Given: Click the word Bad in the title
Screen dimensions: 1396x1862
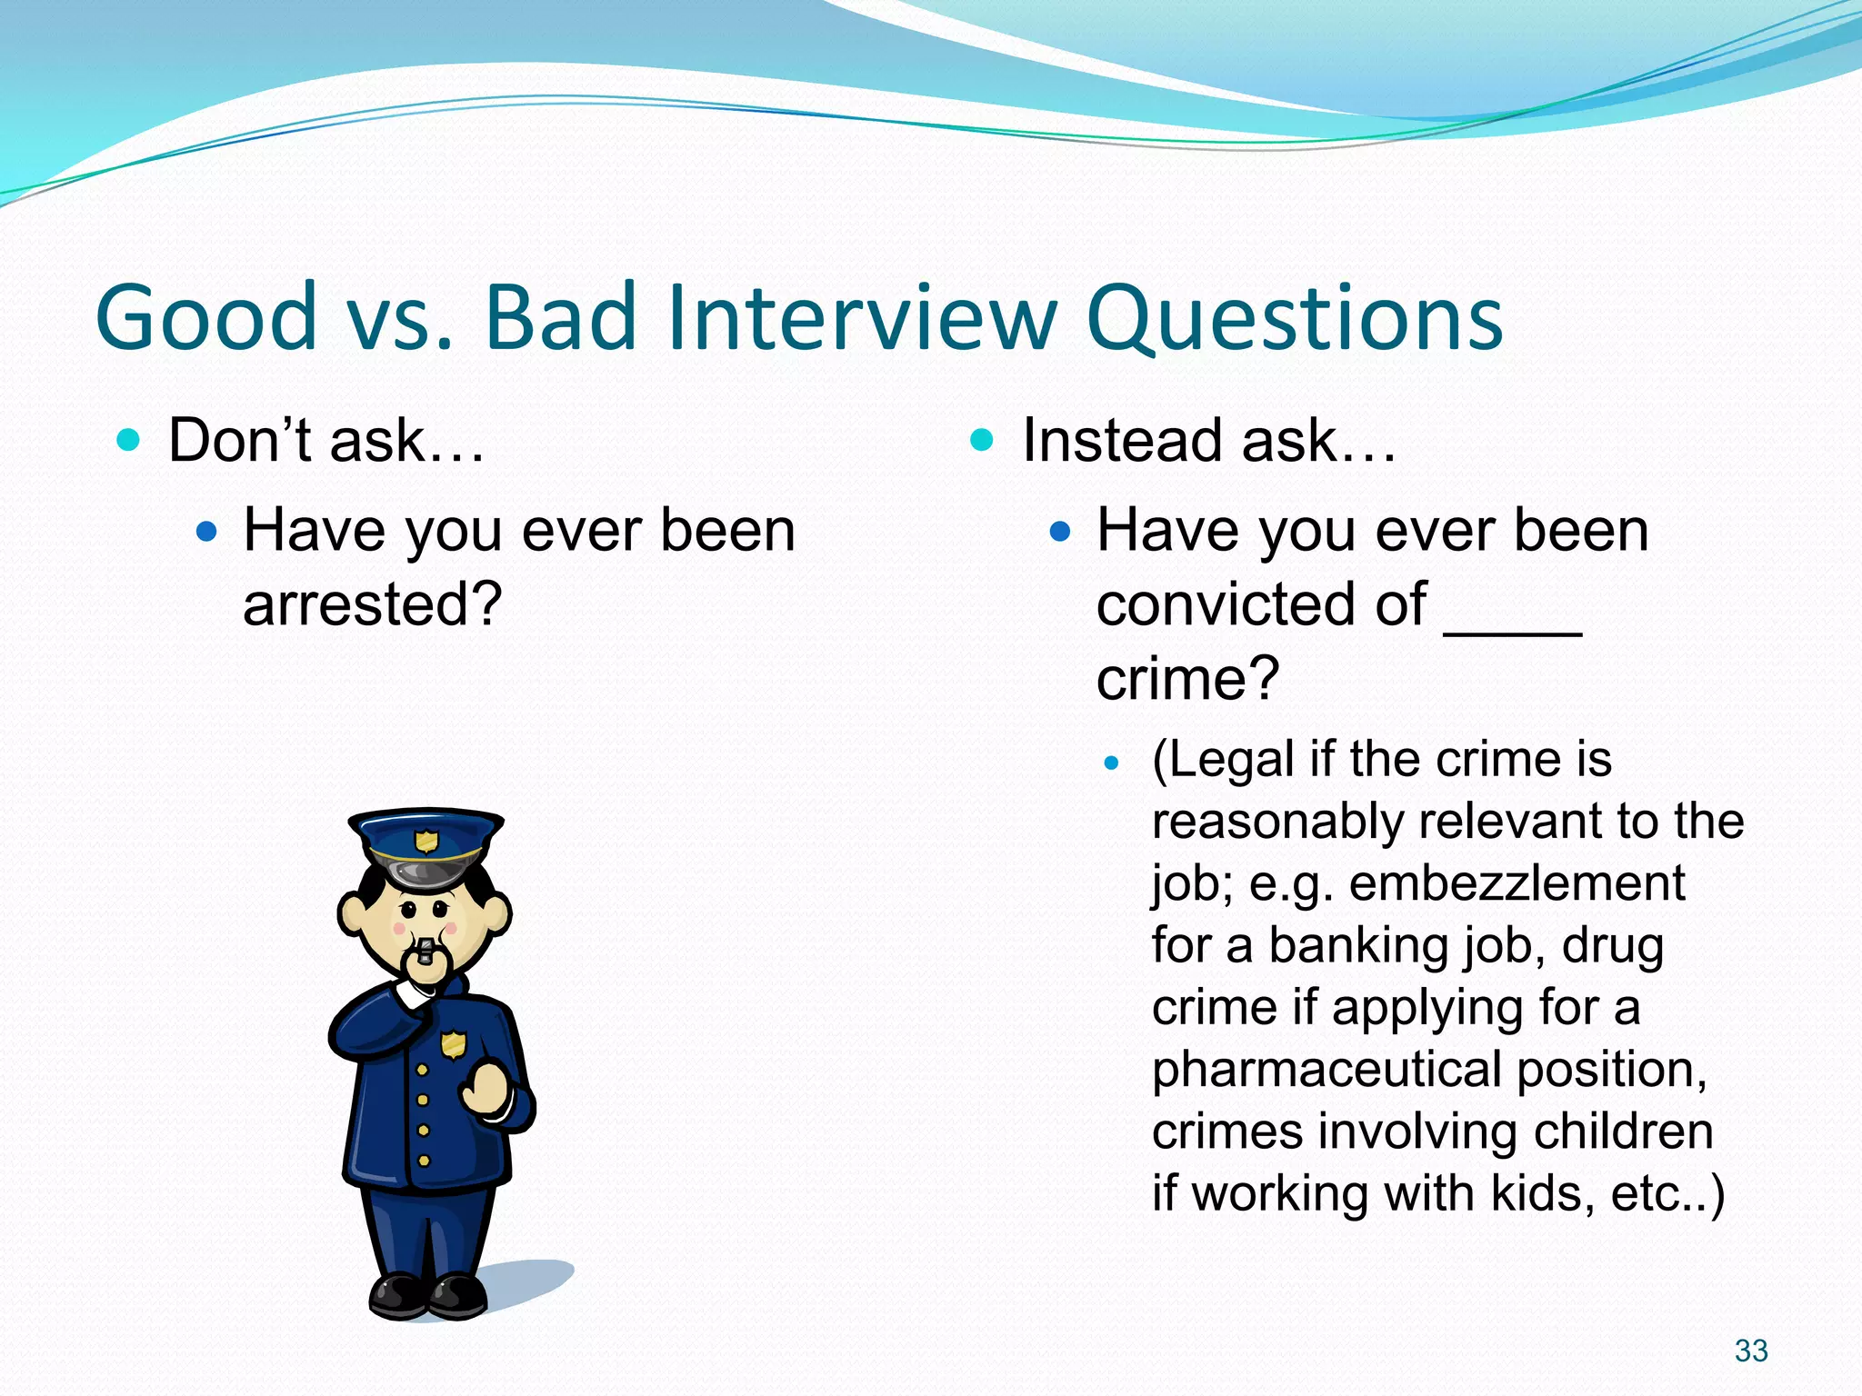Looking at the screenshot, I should click(559, 317).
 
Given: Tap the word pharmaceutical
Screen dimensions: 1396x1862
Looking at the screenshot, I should click(1326, 1070).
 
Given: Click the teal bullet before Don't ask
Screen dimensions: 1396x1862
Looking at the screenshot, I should click(129, 441).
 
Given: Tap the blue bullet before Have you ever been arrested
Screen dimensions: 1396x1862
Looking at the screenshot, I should click(207, 531).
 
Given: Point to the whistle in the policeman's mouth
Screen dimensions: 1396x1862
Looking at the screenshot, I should click(425, 952).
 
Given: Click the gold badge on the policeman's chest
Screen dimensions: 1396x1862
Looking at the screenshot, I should click(453, 1044).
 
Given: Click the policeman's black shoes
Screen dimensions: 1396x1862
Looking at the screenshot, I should click(427, 1295).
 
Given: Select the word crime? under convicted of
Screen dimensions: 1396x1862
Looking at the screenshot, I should click(1187, 678).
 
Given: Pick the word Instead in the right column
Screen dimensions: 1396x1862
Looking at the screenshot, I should click(1122, 441).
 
